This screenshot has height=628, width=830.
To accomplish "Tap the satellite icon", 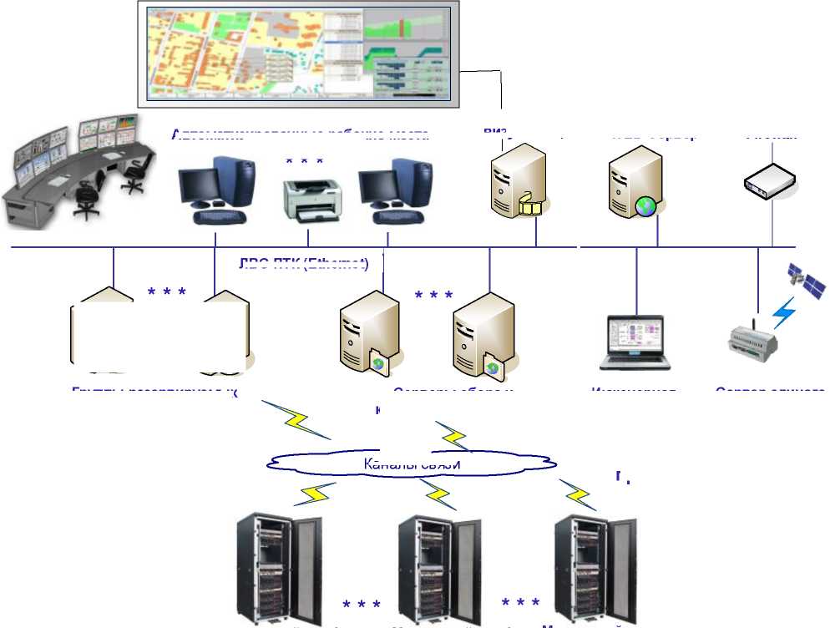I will tap(807, 281).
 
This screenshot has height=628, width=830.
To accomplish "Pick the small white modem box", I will tap(767, 179).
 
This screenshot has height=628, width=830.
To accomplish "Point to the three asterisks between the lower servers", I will tap(434, 296).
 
